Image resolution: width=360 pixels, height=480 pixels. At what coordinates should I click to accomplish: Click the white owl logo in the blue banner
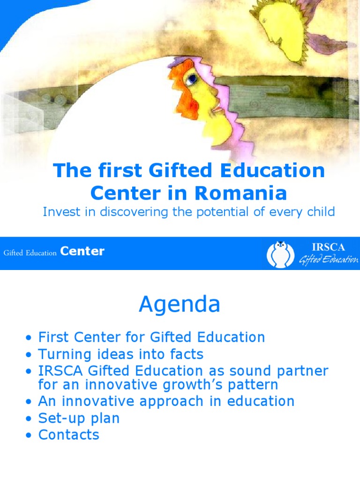(280, 255)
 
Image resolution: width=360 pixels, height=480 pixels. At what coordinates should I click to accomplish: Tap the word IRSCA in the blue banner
(329, 247)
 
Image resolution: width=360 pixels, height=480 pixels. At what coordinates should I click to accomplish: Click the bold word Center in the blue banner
(82, 251)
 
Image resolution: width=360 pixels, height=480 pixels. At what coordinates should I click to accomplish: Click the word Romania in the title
(240, 193)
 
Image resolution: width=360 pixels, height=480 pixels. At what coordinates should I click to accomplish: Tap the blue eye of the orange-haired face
(192, 79)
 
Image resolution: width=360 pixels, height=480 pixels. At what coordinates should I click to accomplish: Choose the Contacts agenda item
(69, 435)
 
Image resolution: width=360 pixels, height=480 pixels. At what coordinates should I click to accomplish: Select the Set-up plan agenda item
(79, 418)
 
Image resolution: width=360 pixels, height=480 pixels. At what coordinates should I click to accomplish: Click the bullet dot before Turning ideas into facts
(29, 355)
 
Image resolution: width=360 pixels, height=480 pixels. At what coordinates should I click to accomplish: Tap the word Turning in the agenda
(65, 354)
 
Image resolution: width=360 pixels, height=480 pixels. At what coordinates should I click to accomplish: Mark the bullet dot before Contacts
(29, 435)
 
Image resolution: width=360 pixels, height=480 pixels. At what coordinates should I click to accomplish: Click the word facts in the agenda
(187, 354)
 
